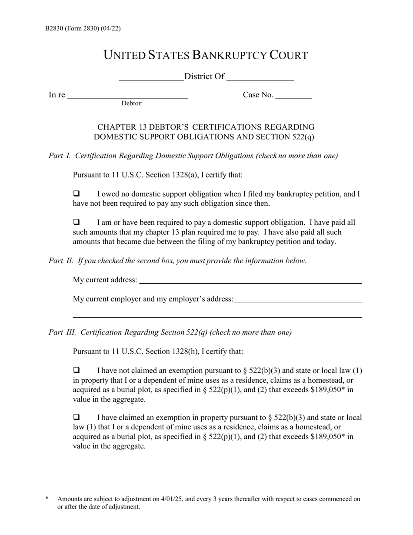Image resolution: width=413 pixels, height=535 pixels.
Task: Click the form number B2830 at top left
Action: click(56, 29)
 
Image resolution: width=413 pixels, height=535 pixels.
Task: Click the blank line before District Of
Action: click(151, 79)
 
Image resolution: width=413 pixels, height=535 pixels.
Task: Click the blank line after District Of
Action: click(260, 79)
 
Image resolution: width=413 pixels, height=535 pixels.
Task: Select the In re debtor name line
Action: click(128, 97)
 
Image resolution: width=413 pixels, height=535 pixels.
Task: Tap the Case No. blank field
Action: click(294, 97)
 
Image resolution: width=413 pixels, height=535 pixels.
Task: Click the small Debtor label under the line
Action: click(131, 104)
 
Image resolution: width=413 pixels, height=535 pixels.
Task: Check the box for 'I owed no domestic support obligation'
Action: click(77, 194)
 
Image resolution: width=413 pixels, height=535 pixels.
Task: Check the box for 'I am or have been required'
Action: click(77, 222)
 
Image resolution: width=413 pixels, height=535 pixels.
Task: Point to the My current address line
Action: click(250, 281)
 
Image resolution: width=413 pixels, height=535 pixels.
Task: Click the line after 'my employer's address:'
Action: click(298, 301)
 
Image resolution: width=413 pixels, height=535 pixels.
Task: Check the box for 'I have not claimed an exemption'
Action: click(77, 371)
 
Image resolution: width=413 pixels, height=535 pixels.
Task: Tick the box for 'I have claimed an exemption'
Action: click(77, 418)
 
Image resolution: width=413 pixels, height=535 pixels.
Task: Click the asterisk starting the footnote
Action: click(47, 498)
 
